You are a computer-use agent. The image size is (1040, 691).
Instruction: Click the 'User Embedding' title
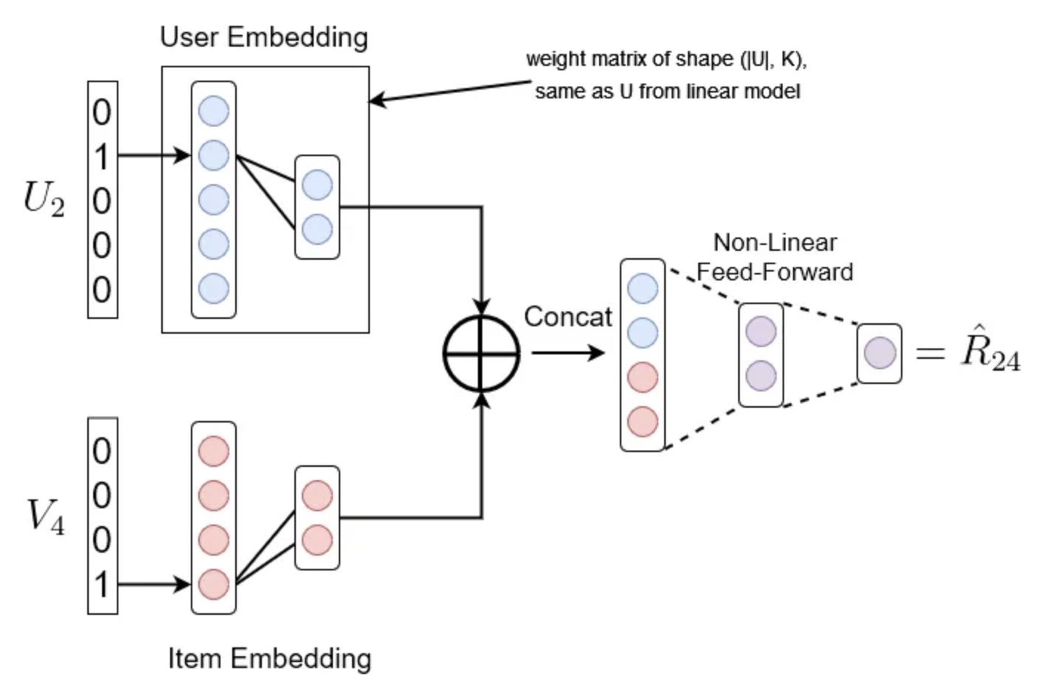click(264, 37)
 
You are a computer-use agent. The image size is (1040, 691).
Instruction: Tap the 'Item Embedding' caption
click(269, 658)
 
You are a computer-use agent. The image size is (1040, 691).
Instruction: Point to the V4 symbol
click(45, 516)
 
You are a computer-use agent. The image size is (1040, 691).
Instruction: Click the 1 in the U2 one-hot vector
click(102, 156)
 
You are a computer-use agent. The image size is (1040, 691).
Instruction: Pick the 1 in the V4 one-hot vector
click(102, 584)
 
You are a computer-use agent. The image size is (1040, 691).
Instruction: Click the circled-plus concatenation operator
click(482, 353)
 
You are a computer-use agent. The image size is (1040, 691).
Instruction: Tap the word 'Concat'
click(567, 317)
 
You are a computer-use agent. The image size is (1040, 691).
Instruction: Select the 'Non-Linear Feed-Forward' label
click(774, 257)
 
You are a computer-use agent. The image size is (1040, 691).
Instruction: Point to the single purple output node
click(879, 353)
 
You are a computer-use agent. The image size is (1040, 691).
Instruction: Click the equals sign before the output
click(930, 353)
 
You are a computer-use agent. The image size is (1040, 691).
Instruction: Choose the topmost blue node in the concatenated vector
click(643, 289)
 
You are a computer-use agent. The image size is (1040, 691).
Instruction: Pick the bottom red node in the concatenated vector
click(643, 422)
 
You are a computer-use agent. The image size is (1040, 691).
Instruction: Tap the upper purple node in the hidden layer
click(760, 331)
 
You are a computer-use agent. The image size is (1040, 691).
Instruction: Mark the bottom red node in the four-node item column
click(214, 584)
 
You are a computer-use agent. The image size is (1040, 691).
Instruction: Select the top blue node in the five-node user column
click(214, 111)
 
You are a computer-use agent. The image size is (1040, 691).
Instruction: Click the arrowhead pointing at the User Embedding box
click(375, 101)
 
